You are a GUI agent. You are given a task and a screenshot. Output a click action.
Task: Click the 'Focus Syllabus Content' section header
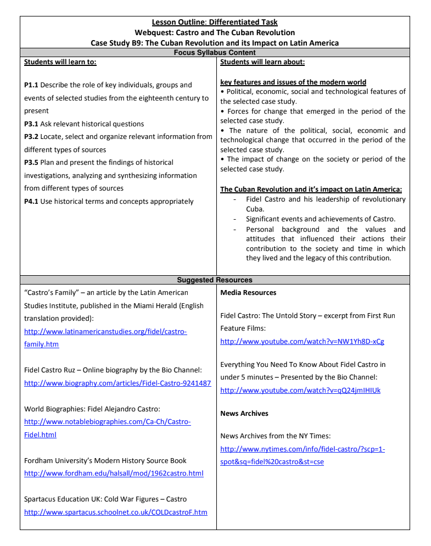coord(215,53)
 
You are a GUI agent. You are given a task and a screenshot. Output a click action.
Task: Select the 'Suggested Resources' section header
coord(215,280)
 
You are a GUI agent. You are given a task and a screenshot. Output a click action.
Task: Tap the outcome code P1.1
coord(31,85)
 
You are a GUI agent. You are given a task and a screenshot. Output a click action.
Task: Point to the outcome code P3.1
coord(31,124)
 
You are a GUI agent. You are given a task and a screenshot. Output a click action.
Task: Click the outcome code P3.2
coord(31,137)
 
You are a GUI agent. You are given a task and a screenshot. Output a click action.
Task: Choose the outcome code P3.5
coord(31,163)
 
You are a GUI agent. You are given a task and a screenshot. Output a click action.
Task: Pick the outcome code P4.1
coord(31,202)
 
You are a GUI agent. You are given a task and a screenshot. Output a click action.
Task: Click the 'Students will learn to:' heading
coord(60,62)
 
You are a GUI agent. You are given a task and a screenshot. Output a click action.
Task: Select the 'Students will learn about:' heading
coord(262,62)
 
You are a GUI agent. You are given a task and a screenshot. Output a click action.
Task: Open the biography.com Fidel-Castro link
coord(117,383)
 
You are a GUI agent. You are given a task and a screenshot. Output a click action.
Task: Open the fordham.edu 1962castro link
coord(114,473)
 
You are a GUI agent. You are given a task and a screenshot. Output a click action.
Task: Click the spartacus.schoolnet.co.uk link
coord(116,512)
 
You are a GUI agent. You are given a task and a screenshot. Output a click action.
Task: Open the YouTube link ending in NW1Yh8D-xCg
coord(302,342)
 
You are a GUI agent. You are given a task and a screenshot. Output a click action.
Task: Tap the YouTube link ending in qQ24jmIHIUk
coord(300,391)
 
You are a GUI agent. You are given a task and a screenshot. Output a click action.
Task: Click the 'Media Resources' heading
coord(248,293)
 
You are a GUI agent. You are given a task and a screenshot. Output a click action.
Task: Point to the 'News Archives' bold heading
coord(244,414)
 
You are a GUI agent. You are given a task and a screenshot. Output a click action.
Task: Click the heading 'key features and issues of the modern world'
coord(293,82)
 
